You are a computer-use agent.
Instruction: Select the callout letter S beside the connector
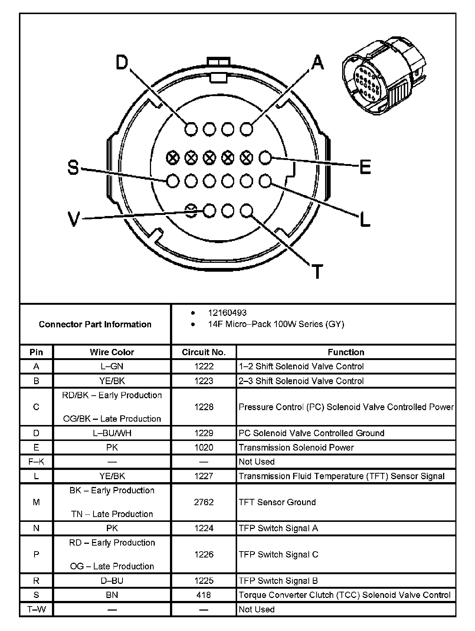(x=73, y=167)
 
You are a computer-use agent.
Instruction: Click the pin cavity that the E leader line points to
(x=265, y=158)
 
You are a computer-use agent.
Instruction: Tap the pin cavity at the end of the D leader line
(x=191, y=129)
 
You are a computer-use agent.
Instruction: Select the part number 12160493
(x=227, y=313)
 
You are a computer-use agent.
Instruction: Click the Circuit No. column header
(x=204, y=352)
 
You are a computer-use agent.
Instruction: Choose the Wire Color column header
(x=112, y=352)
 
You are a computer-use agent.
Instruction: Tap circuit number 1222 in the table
(x=204, y=367)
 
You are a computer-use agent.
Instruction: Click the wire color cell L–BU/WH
(x=112, y=433)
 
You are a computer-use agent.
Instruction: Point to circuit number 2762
(x=204, y=502)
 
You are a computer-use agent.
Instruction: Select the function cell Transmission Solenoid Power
(x=296, y=448)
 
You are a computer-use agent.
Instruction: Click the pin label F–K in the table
(x=36, y=462)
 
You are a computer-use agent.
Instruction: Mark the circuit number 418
(x=204, y=595)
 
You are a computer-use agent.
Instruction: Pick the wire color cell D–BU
(x=112, y=581)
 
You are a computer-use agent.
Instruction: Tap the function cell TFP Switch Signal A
(x=278, y=528)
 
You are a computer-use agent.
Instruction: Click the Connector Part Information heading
(x=95, y=324)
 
